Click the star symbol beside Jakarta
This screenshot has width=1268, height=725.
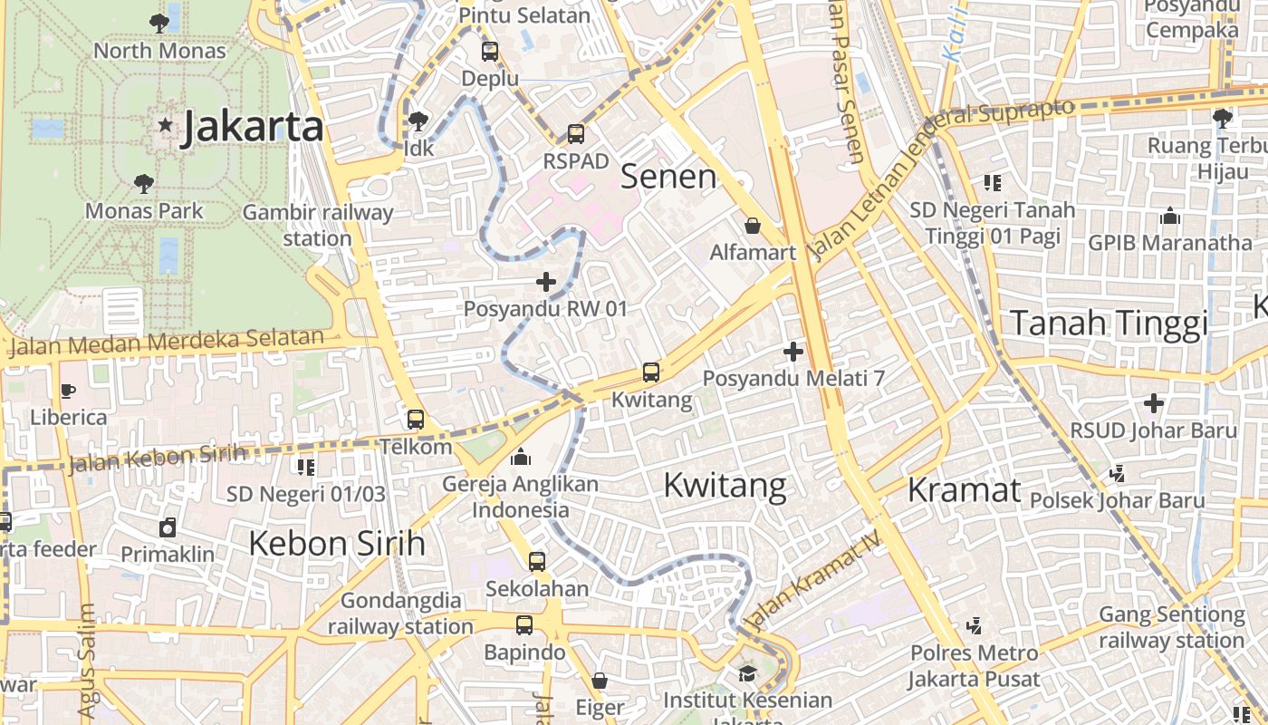click(x=165, y=125)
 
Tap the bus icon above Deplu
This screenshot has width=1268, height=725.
click(x=490, y=52)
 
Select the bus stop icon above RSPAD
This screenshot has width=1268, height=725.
click(x=576, y=134)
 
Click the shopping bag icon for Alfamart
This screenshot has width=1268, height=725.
click(x=753, y=225)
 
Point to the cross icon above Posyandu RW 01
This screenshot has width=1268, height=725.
click(x=546, y=282)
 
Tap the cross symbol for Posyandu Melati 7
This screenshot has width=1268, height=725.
click(x=794, y=351)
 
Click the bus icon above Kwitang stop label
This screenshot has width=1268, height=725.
click(x=651, y=372)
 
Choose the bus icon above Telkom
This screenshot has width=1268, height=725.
click(x=416, y=420)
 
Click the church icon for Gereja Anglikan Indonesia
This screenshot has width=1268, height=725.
click(x=521, y=457)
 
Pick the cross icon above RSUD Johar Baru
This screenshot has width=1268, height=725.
click(x=1154, y=402)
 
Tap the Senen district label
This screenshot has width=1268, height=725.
click(x=668, y=177)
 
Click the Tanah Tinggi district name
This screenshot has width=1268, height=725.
click(x=1109, y=323)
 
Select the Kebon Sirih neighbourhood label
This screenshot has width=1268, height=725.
click(x=337, y=543)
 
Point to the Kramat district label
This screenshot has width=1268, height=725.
click(x=964, y=489)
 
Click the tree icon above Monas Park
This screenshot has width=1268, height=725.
click(x=144, y=184)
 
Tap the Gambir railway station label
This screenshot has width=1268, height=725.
click(x=318, y=225)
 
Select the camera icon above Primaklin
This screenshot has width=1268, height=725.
click(x=168, y=527)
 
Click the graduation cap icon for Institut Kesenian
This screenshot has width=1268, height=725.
click(x=747, y=673)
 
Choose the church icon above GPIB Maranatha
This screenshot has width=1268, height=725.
click(x=1170, y=217)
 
